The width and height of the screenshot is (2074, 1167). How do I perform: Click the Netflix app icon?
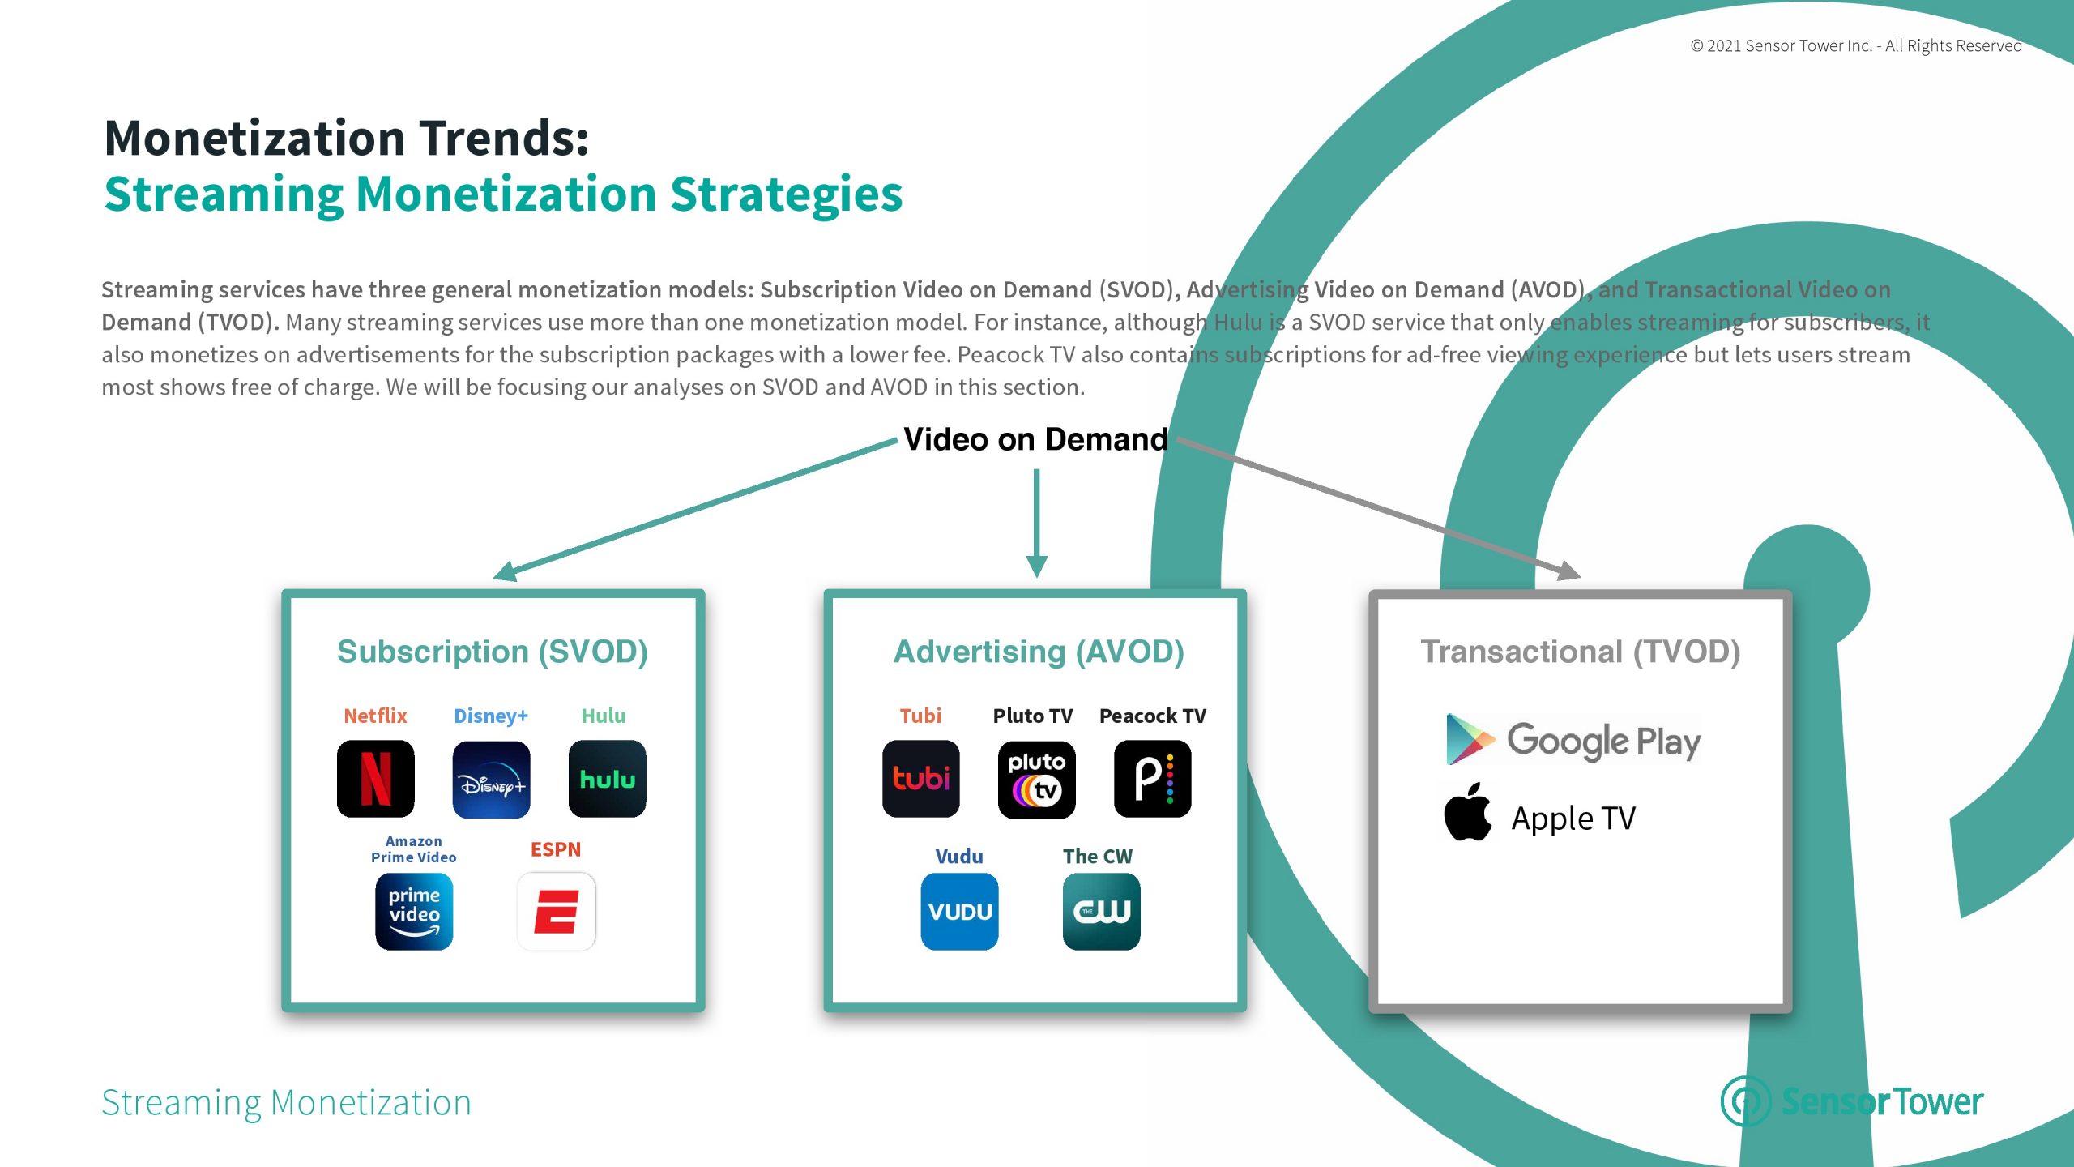(376, 779)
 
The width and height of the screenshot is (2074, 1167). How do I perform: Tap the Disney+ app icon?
(492, 779)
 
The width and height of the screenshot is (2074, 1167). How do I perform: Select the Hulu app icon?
(608, 779)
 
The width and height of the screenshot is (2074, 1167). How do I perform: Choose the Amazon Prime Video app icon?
(414, 912)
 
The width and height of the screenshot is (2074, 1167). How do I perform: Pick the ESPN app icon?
(557, 912)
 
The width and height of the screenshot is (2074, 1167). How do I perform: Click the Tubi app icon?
(921, 779)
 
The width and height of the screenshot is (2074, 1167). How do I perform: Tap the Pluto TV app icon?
(1037, 779)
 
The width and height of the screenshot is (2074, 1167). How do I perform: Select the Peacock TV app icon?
(1153, 779)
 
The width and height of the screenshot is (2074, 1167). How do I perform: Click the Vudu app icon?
(960, 912)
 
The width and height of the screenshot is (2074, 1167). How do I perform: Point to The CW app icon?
(1102, 912)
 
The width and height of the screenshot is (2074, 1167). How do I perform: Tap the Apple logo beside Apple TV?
(1468, 812)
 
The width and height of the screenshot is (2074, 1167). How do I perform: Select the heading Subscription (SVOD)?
(493, 652)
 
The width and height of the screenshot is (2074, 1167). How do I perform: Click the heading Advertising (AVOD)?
(1039, 652)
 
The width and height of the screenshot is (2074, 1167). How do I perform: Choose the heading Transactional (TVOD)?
(1581, 652)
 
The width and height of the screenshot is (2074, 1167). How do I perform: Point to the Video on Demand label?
(1036, 439)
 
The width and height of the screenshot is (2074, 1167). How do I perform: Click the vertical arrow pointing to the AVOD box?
(1037, 524)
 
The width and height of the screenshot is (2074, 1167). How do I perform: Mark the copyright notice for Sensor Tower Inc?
(1856, 45)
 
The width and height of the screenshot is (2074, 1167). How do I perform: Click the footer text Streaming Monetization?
(287, 1102)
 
